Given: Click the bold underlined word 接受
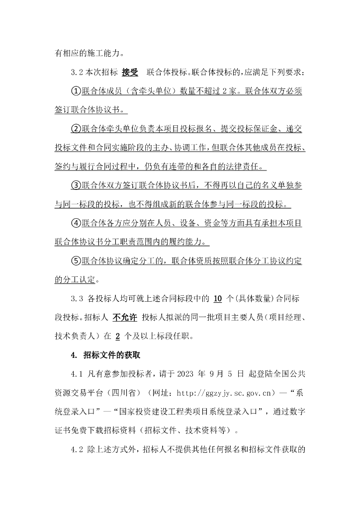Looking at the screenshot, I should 130,73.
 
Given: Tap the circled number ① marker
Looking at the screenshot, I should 76,91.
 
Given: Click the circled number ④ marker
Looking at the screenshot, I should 76,223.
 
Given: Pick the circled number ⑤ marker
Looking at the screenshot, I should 76,261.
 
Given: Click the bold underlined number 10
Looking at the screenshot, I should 217,299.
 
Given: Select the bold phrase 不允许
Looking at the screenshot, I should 124,318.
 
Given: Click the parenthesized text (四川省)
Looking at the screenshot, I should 125,393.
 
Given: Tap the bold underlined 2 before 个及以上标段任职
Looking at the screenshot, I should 118,337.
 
